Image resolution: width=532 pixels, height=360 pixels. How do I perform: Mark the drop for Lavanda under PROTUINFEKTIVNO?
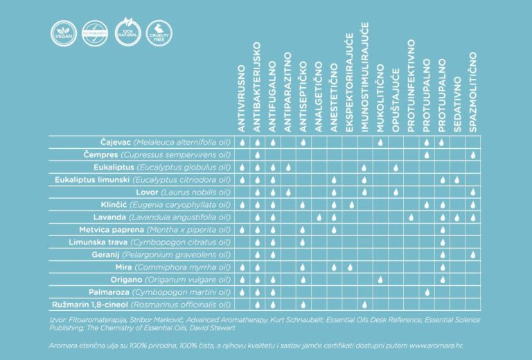point(411,217)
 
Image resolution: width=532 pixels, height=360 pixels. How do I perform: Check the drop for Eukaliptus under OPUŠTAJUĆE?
point(396,168)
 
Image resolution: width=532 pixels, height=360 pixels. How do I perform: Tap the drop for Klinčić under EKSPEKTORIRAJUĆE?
point(350,205)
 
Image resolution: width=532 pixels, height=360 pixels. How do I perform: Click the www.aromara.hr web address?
point(444,343)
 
